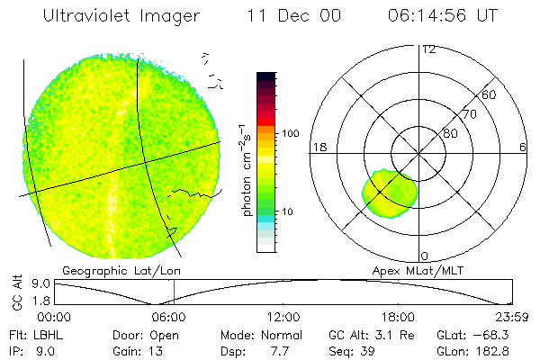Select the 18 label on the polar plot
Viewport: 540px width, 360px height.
coord(318,147)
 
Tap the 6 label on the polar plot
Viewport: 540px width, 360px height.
coord(523,147)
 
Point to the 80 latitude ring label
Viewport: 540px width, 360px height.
coord(450,133)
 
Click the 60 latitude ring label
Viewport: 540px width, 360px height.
coord(490,94)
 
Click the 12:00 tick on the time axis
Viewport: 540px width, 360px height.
coord(283,317)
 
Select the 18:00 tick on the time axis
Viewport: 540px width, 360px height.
coord(398,317)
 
